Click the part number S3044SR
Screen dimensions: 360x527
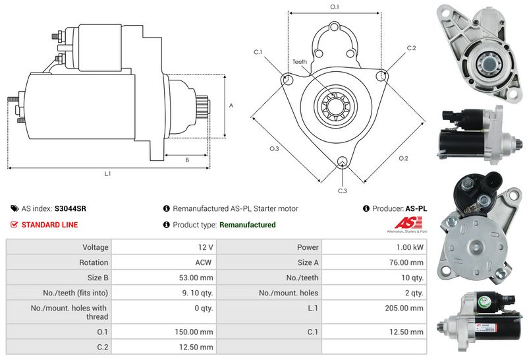(70, 208)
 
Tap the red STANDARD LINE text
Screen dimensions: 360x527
(49, 225)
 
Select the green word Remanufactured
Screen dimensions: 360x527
(247, 225)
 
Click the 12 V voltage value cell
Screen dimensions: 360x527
(205, 247)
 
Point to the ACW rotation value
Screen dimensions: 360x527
(204, 262)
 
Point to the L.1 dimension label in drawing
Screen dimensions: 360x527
(107, 174)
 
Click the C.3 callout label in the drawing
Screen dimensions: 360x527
(342, 191)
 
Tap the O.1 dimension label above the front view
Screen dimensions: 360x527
(334, 7)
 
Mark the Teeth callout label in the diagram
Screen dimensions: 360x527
(300, 62)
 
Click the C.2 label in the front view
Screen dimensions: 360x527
(411, 48)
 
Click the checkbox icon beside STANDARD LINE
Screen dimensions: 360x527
(14, 225)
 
